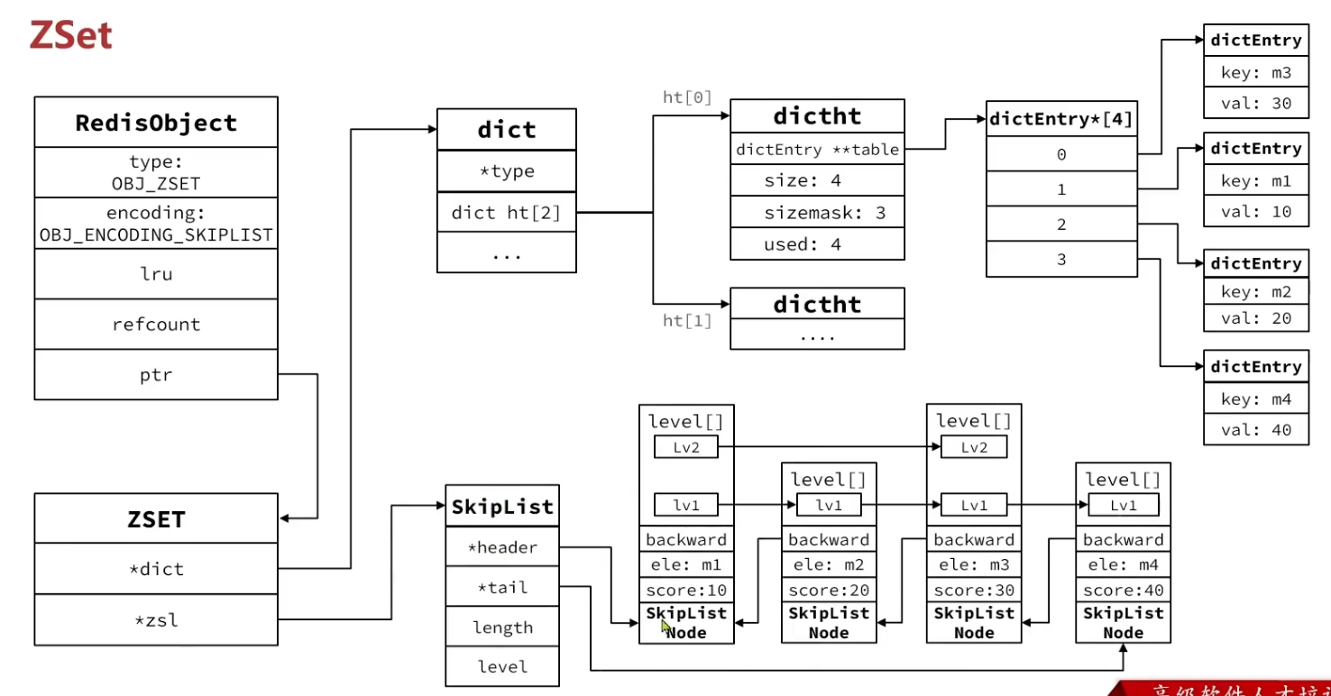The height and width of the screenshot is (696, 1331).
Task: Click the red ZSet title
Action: coord(70,35)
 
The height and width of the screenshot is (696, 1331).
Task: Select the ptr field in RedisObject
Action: coord(156,374)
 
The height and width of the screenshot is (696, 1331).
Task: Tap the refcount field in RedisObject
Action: coord(156,325)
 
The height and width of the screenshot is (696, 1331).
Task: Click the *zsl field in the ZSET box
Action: coord(156,619)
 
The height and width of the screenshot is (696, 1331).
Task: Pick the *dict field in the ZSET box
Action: coord(156,569)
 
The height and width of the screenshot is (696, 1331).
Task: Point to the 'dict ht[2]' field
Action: coord(506,213)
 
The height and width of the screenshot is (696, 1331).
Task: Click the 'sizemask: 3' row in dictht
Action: coord(816,213)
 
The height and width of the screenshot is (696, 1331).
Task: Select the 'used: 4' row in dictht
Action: coord(816,244)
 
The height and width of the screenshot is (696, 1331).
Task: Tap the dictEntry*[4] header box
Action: coord(1061,118)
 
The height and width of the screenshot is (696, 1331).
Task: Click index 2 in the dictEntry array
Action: coord(1061,224)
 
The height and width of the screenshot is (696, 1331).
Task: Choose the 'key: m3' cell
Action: coord(1256,72)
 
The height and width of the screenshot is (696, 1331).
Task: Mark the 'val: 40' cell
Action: coord(1256,430)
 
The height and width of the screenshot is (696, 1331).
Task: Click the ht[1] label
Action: coord(687,320)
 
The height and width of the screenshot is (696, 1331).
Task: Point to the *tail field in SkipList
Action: coord(502,588)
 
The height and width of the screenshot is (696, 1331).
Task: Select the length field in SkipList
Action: coord(502,627)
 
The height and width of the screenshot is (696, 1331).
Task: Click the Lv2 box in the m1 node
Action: coord(686,447)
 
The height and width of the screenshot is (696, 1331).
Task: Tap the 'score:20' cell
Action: coord(828,591)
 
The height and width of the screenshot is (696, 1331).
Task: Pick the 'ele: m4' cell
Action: coord(1123,565)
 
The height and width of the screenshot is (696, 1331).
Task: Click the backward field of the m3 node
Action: coord(974,540)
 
